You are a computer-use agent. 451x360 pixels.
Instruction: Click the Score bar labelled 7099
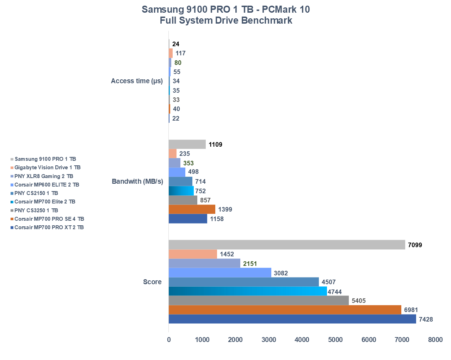coord(287,245)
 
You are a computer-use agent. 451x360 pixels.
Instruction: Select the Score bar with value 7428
coord(292,319)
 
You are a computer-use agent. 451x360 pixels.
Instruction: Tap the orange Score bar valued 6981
coord(285,310)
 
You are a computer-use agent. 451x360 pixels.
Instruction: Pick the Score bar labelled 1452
coord(193,254)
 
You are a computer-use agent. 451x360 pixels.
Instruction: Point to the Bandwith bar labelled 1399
coord(192,209)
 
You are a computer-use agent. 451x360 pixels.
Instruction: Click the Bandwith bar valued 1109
coord(187,144)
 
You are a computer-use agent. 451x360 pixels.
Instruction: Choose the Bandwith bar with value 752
coord(181,191)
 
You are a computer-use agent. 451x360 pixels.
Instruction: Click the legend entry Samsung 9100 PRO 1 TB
coord(45,159)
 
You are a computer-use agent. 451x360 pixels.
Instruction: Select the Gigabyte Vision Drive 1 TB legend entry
coord(47,167)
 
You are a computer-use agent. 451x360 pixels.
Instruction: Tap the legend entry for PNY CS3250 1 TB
coord(36,210)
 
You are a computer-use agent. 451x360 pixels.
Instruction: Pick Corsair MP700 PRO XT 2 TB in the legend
coord(49,227)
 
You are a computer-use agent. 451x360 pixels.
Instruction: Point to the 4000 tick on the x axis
coord(302,340)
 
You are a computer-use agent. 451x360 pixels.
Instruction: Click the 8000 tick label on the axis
coord(435,340)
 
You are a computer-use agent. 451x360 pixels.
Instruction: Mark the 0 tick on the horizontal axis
coord(169,340)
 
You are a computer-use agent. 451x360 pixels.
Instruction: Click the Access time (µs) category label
coord(137,81)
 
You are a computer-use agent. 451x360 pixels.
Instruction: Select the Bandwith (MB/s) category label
coord(137,182)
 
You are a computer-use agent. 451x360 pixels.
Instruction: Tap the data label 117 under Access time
coord(180,53)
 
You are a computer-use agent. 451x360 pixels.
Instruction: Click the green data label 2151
coord(250,264)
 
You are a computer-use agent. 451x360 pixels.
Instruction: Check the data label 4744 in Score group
coord(335,292)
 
